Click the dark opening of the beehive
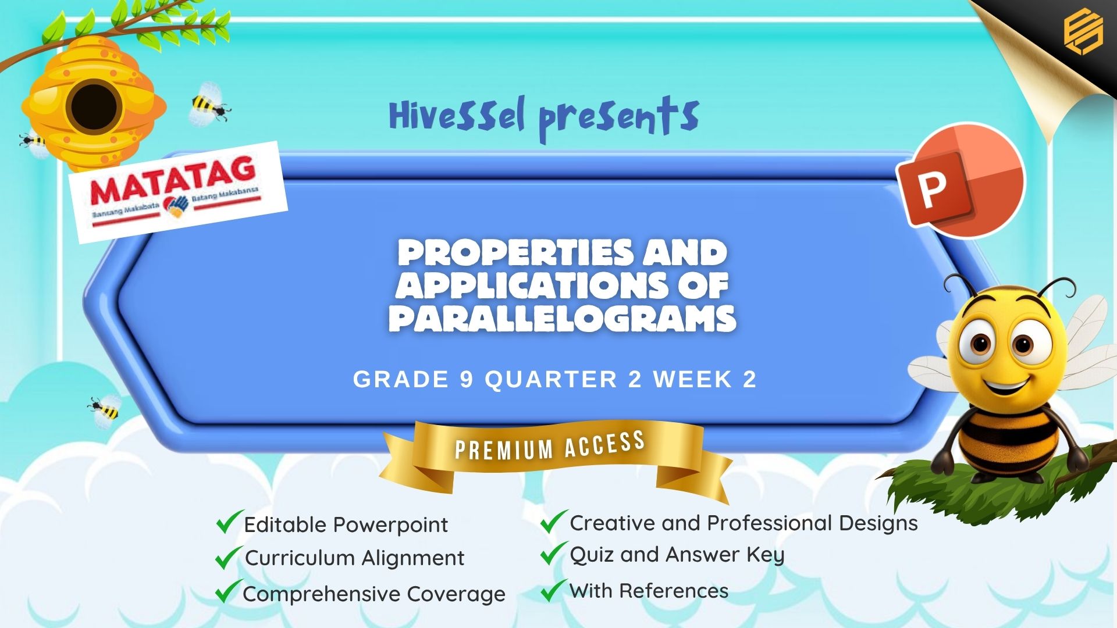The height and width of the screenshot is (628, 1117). click(x=94, y=106)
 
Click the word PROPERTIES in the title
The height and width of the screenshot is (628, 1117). click(x=514, y=252)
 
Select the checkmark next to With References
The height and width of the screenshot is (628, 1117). click(x=553, y=590)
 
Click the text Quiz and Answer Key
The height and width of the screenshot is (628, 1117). click(x=677, y=555)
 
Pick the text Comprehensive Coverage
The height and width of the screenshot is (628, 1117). click(x=374, y=594)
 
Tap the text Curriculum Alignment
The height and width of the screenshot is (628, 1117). click(x=354, y=558)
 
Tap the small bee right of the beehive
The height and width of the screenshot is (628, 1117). click(x=210, y=104)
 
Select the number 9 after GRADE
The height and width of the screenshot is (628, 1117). click(x=467, y=379)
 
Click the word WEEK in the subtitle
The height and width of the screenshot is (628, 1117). click(x=692, y=379)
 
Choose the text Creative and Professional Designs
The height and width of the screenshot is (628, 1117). click(x=744, y=523)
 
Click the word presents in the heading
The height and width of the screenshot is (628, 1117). click(x=619, y=119)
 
